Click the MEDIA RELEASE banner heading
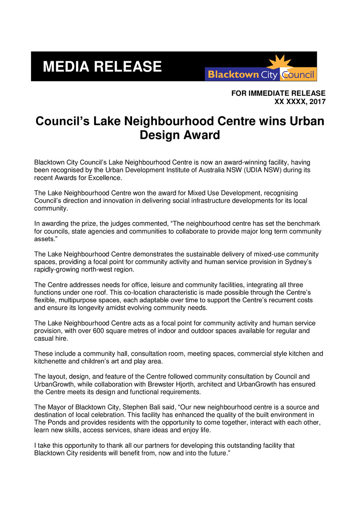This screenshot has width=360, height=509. (102, 67)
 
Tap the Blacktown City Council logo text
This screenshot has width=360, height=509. (261, 75)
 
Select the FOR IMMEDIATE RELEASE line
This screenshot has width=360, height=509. (278, 93)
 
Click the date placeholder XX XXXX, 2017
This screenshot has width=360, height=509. (300, 102)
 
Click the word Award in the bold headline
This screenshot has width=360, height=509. (203, 135)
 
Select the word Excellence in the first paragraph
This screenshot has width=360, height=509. (106, 177)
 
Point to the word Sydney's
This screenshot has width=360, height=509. (298, 262)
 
